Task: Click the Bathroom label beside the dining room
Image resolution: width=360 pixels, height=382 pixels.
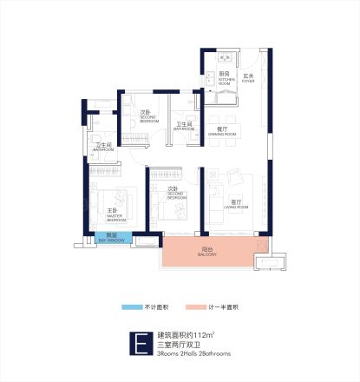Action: (x=184, y=128)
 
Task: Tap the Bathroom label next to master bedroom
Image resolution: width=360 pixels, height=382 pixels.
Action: (x=102, y=148)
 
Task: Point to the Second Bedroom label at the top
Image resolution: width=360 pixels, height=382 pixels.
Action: (x=147, y=115)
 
